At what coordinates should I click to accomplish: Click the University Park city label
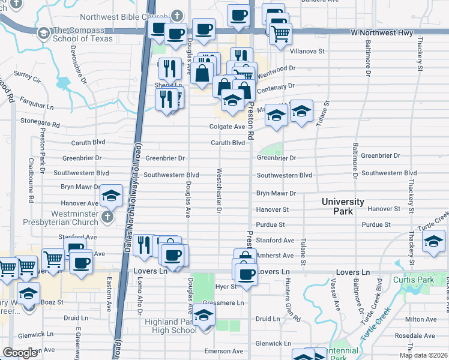342,206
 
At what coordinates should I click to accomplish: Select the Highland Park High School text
170,326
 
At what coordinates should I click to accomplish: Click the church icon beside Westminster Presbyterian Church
107,216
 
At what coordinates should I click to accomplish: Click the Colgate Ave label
227,127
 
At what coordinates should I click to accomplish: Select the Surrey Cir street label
26,79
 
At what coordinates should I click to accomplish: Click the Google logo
20,352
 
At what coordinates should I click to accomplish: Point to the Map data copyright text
423,355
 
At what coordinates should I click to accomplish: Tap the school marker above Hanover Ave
110,196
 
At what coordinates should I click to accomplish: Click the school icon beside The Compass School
43,34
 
